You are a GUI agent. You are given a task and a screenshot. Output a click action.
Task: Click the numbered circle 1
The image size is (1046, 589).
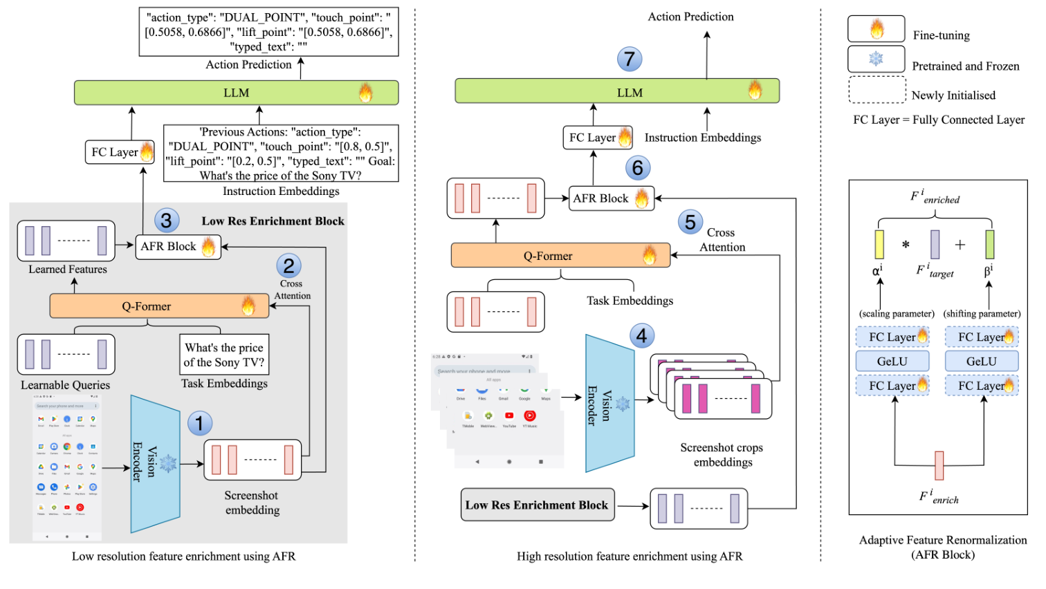click(199, 423)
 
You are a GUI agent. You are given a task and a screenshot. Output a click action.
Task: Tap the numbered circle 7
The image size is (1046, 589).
click(630, 59)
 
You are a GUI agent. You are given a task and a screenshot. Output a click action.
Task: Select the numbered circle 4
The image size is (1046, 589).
click(642, 336)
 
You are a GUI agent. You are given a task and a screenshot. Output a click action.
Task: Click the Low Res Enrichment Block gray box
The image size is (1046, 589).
click(537, 505)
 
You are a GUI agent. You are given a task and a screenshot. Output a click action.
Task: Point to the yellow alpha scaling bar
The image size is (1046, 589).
click(879, 245)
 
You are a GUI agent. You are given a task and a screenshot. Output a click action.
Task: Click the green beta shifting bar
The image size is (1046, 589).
click(990, 245)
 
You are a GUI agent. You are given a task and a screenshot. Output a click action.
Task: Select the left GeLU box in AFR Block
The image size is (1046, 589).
click(892, 362)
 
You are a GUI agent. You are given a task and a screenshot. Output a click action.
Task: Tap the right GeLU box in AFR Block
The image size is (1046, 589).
click(981, 362)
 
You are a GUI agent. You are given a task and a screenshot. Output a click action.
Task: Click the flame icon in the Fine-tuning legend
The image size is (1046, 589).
click(877, 29)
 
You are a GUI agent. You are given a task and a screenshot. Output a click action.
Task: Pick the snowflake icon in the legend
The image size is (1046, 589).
click(877, 59)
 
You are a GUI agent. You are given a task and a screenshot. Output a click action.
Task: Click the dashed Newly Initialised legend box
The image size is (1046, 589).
click(877, 90)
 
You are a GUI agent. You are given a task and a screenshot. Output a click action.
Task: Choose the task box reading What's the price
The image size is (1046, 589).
click(224, 355)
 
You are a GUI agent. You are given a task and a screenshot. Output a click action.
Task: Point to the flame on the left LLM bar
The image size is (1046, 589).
click(365, 93)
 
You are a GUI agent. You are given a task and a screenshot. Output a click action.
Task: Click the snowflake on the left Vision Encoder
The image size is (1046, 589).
click(168, 464)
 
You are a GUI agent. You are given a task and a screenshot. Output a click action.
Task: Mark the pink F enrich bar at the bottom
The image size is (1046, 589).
click(939, 465)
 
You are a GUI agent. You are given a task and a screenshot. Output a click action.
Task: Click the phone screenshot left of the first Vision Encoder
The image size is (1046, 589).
click(67, 467)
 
